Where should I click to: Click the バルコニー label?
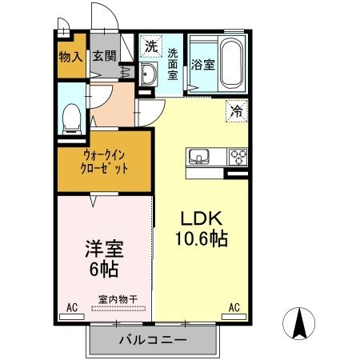pos(153,340)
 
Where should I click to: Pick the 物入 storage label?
pos(71,57)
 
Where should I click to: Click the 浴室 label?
pos(202,65)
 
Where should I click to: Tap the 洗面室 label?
pos(174,64)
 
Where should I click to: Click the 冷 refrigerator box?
pos(237,111)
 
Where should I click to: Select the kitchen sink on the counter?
pos(198,155)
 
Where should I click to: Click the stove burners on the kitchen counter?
pos(238,155)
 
